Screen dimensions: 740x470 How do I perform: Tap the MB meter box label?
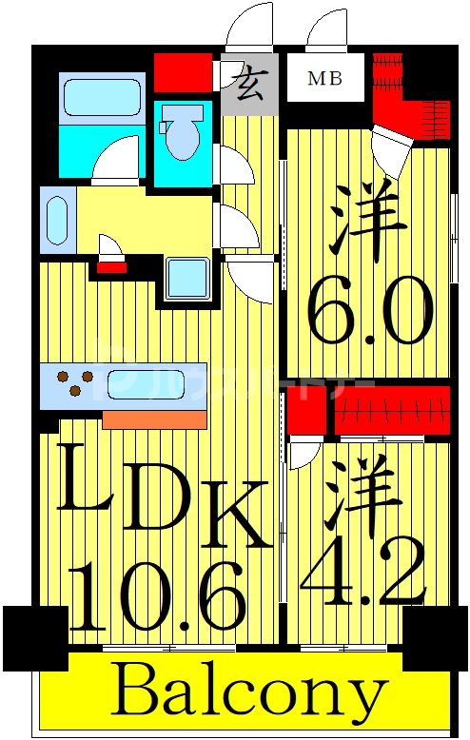(x=324, y=79)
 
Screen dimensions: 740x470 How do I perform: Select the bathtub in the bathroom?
(x=101, y=99)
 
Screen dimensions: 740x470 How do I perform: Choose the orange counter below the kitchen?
(x=154, y=419)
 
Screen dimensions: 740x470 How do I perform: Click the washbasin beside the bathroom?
(x=56, y=218)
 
